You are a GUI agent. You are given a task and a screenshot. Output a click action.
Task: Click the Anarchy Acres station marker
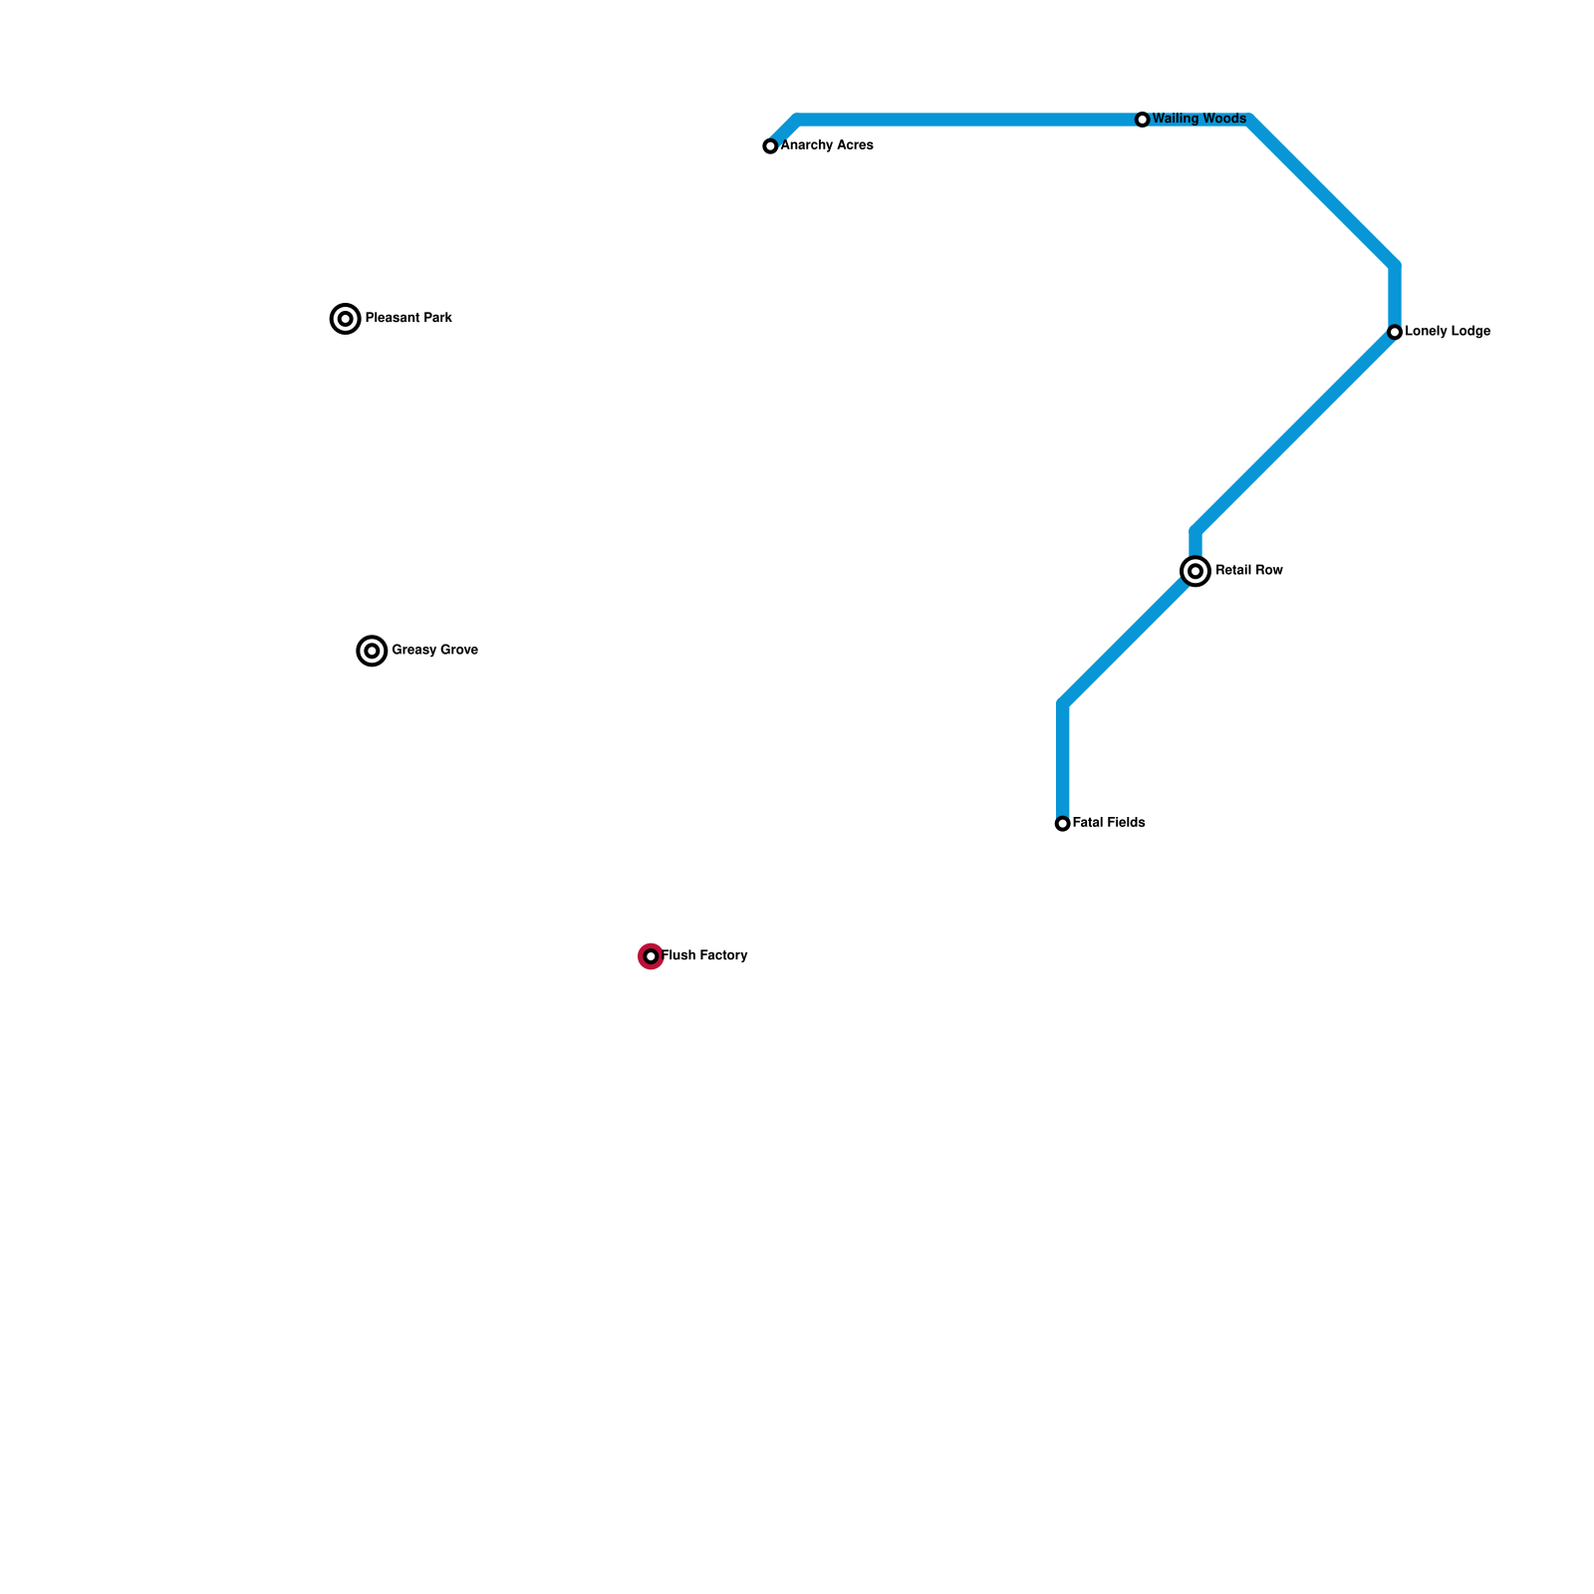(770, 146)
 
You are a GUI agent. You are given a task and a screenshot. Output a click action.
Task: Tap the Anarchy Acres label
(827, 145)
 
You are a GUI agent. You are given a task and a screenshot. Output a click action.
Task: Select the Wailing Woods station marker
(1143, 120)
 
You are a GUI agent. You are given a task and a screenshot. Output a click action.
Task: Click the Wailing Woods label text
(1198, 119)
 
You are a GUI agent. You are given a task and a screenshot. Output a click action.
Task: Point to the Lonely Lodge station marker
(1395, 332)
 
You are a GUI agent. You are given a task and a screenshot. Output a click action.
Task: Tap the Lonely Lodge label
(1448, 332)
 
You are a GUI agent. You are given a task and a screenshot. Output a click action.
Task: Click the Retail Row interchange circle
(1195, 571)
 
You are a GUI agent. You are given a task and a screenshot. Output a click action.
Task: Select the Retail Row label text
(1249, 571)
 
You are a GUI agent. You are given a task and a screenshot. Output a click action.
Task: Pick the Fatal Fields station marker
(1063, 824)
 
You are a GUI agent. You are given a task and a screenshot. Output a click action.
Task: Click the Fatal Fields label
(1109, 823)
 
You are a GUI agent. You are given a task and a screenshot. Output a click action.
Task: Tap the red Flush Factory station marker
(651, 956)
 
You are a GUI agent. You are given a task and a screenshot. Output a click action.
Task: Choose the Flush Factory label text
(704, 955)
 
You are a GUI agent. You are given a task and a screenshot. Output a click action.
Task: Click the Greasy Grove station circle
(372, 651)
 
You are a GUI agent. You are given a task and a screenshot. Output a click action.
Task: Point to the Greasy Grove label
(434, 651)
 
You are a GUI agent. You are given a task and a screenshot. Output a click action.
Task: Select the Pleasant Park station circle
(345, 319)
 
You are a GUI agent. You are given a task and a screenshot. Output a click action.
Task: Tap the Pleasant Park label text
(408, 319)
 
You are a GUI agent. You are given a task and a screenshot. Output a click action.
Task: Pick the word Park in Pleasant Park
(436, 319)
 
